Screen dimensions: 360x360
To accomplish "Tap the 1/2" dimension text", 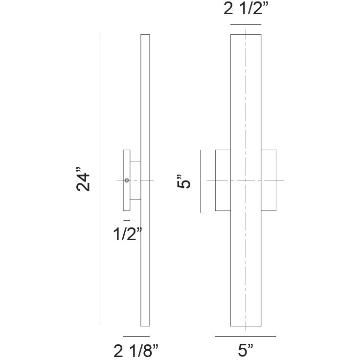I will (x=128, y=234).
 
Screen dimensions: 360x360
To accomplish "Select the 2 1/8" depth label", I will (x=136, y=350).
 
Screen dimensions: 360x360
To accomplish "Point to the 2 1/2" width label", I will (x=246, y=10).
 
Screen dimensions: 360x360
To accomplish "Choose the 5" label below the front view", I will (x=247, y=350).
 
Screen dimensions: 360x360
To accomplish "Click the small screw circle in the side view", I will (x=127, y=180).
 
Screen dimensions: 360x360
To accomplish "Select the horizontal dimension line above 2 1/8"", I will (x=136, y=337).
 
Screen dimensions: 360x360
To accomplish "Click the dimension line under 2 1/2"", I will (x=246, y=24).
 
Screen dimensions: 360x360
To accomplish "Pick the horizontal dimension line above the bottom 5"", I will (x=246, y=337).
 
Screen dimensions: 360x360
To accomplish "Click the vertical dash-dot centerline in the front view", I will (x=246, y=98).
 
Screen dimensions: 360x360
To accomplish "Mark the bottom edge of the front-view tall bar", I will (x=246, y=326).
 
